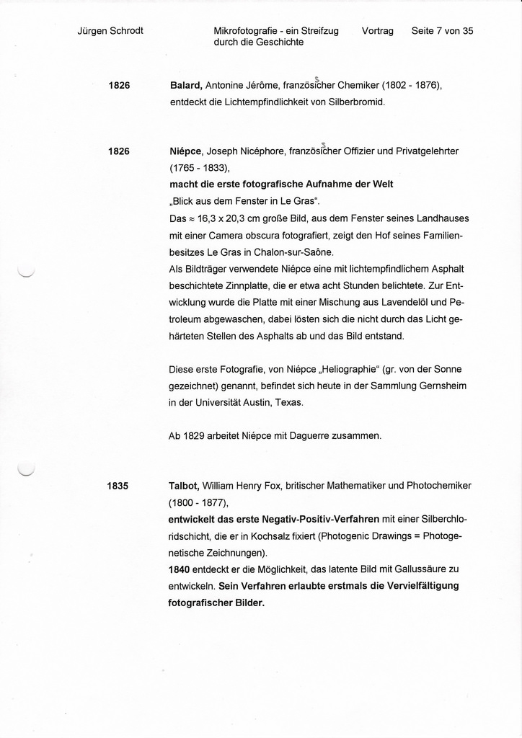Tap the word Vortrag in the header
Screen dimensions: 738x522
coord(378,31)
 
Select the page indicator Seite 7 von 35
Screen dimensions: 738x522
coord(442,31)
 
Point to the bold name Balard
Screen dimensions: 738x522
coord(185,86)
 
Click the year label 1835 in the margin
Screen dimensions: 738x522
coord(118,486)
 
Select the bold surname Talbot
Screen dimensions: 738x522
coord(184,486)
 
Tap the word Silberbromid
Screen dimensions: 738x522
coord(358,102)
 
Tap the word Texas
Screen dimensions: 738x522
coord(289,403)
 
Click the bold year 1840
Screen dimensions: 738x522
coord(180,569)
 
